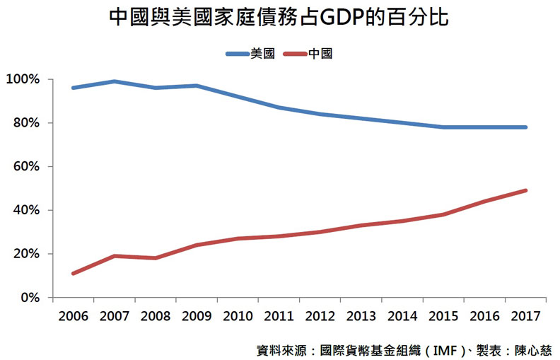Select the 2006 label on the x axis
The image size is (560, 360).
pyautogui.click(x=74, y=315)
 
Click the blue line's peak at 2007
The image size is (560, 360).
pyautogui.click(x=115, y=81)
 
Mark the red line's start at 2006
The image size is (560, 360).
pyautogui.click(x=74, y=273)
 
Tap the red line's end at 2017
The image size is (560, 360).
pyautogui.click(x=526, y=190)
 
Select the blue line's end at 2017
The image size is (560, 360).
pyautogui.click(x=526, y=127)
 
